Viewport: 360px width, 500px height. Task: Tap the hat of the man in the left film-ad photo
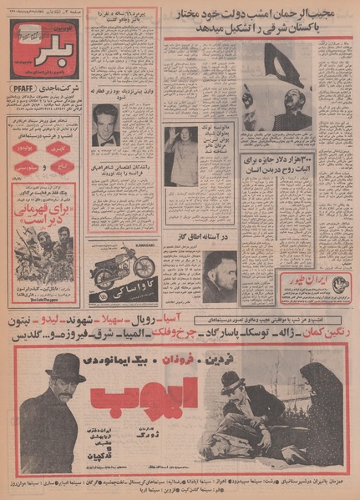click(65, 366)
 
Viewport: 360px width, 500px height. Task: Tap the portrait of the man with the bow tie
click(105, 126)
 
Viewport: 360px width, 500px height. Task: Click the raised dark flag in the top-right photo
click(280, 67)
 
